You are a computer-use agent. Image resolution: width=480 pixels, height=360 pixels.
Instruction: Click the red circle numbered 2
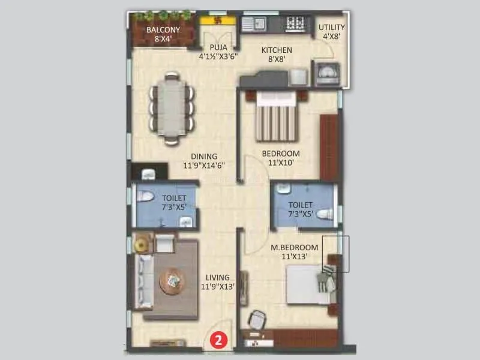pyautogui.click(x=219, y=340)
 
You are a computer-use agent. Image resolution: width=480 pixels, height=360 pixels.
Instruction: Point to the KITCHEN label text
pyautogui.click(x=276, y=50)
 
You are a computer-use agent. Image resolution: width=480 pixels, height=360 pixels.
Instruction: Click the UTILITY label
pyautogui.click(x=331, y=27)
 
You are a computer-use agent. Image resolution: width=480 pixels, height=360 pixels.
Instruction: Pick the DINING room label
pyautogui.click(x=204, y=157)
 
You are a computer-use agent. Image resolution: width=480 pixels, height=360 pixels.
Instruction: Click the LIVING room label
pyautogui.click(x=217, y=277)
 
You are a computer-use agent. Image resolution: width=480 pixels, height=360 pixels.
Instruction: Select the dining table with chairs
pyautogui.click(x=172, y=108)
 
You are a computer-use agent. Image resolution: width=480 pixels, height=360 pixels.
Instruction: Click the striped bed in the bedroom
pyautogui.click(x=276, y=120)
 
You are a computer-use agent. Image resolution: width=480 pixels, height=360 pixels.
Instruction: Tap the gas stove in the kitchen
pyautogui.click(x=295, y=24)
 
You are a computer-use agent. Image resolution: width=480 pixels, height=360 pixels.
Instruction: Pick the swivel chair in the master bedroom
pyautogui.click(x=257, y=319)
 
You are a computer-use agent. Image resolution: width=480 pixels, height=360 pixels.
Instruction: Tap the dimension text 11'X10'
pyautogui.click(x=281, y=163)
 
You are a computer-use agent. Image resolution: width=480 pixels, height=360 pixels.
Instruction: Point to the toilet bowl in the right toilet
pyautogui.click(x=325, y=214)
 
